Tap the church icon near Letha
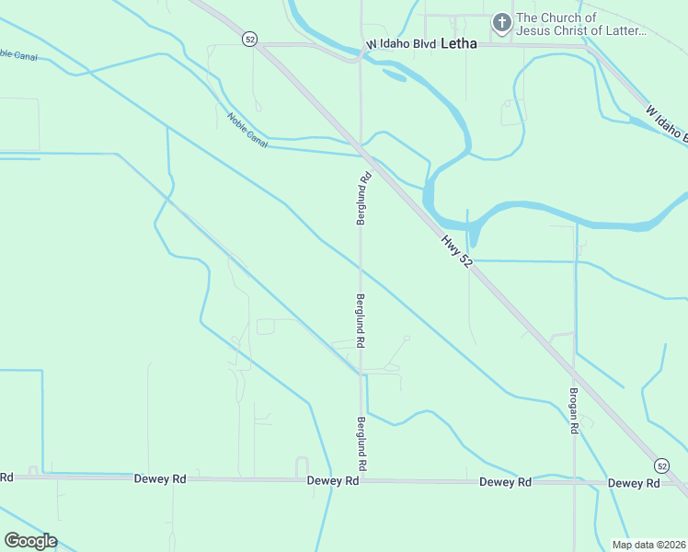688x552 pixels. point(502,24)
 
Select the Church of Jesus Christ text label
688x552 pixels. point(581,24)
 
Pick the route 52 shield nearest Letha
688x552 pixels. point(249,39)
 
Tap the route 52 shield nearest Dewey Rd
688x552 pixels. point(661,464)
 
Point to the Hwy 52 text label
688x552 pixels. point(456,250)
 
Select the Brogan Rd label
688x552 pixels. point(573,409)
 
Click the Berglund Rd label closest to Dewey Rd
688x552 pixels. point(361,444)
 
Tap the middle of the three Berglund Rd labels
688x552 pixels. point(361,320)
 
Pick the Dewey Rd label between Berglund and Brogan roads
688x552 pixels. point(506,482)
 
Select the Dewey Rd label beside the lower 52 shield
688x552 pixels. point(634,483)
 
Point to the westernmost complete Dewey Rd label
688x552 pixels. point(160,478)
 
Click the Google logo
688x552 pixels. point(30,541)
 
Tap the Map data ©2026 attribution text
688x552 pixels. point(648,545)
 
